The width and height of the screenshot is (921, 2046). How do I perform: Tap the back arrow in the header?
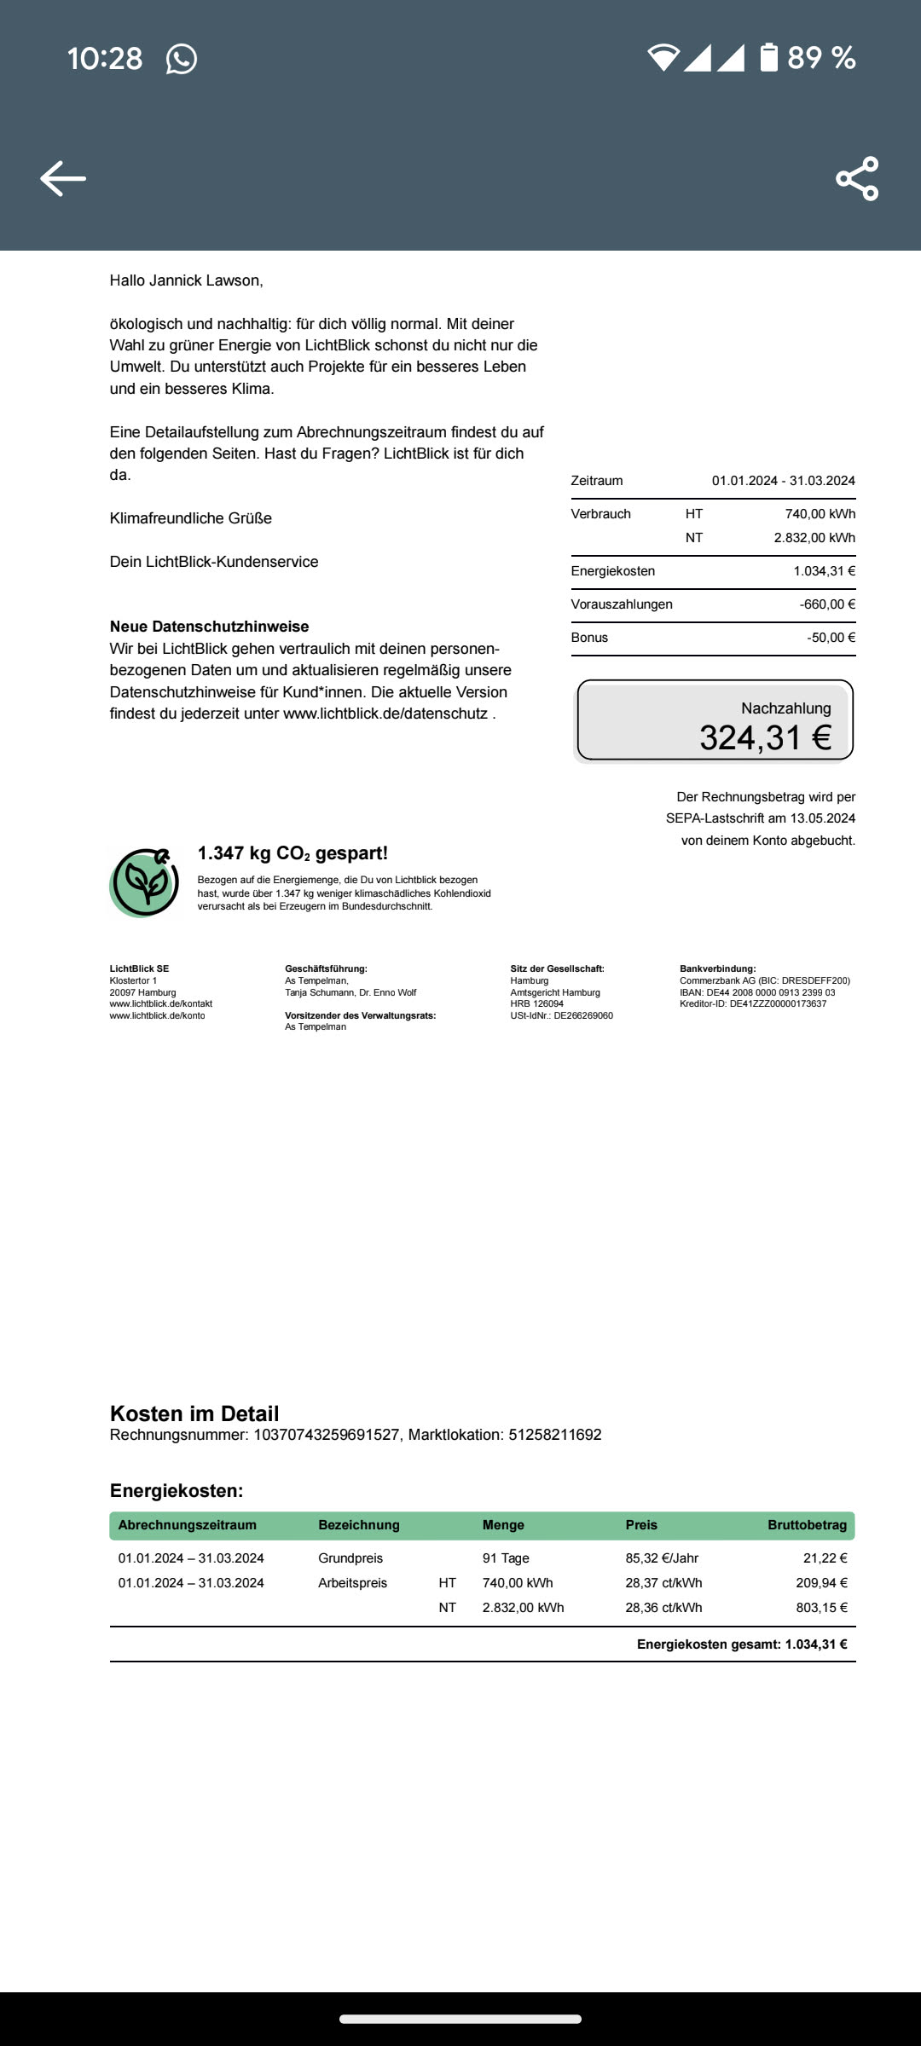click(x=63, y=178)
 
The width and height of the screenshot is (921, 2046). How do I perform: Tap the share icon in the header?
click(x=857, y=178)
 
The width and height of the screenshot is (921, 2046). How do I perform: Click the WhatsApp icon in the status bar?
click(x=181, y=59)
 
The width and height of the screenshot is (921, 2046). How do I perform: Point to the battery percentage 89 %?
click(x=820, y=58)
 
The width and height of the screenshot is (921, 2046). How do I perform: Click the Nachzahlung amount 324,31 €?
click(x=765, y=737)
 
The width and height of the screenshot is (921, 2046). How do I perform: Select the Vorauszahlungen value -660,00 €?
click(x=827, y=604)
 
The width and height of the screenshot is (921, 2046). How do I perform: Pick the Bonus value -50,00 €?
click(x=831, y=638)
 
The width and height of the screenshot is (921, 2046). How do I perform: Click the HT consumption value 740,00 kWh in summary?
click(x=820, y=514)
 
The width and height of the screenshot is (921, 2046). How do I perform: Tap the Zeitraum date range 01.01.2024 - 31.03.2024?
click(x=783, y=481)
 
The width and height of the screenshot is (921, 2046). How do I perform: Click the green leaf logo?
click(x=145, y=882)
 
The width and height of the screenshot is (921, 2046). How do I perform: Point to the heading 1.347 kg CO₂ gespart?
click(x=293, y=853)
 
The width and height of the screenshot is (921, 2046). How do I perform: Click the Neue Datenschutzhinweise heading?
click(x=209, y=627)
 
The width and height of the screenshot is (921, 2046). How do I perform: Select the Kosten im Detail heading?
click(x=194, y=1413)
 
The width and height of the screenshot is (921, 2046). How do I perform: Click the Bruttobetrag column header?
click(x=807, y=1525)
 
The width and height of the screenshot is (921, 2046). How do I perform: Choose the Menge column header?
click(x=503, y=1525)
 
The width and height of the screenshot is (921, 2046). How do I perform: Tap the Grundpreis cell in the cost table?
click(x=350, y=1558)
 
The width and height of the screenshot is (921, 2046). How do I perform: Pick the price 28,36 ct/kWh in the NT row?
click(x=663, y=1608)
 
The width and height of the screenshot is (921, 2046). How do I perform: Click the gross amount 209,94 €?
click(x=821, y=1583)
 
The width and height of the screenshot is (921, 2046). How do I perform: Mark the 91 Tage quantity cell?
click(x=506, y=1558)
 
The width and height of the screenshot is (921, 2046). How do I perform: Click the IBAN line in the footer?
click(x=757, y=992)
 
